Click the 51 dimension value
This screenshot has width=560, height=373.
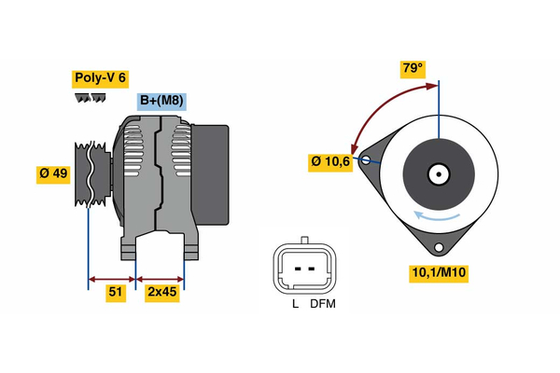116,293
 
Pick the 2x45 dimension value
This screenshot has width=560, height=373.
161,293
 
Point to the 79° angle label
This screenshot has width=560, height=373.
412,69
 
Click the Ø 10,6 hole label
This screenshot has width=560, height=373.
331,163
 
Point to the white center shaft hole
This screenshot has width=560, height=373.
438,173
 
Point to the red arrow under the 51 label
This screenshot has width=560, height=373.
112,278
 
